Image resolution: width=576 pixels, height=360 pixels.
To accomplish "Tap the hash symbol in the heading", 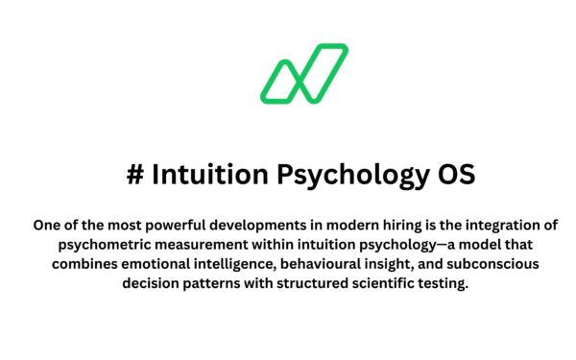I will click(x=134, y=176).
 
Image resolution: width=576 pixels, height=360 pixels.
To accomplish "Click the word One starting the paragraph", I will click(x=47, y=226).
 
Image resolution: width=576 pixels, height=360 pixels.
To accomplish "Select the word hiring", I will click(x=392, y=226).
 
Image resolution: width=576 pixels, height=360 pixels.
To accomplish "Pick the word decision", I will click(x=156, y=286).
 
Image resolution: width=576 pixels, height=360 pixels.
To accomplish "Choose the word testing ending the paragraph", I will click(x=445, y=286).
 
